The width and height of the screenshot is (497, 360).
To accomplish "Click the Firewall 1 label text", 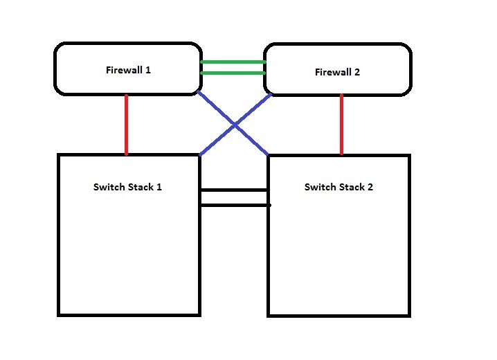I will click(128, 69).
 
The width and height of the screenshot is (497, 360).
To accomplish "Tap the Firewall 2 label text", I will click(337, 72).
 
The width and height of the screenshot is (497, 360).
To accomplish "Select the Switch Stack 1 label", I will click(127, 187).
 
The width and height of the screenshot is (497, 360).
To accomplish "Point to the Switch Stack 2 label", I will click(338, 187).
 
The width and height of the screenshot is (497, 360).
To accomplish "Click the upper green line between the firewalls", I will click(233, 62).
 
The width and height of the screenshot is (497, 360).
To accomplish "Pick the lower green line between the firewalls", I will click(233, 73).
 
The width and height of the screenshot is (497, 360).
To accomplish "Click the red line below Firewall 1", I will click(127, 125).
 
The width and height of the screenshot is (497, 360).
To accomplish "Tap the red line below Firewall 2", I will click(341, 125).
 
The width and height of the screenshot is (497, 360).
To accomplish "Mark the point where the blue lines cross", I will click(235, 124).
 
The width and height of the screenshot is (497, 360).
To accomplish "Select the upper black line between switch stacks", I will click(233, 190).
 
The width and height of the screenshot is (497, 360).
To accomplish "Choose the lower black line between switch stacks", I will click(233, 205).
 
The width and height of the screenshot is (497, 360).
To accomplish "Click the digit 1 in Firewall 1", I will click(148, 69).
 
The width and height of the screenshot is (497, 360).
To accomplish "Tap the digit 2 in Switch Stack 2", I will click(370, 187).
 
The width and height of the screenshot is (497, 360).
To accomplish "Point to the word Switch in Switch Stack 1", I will click(109, 187).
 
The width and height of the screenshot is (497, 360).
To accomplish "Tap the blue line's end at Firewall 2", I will click(269, 95).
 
